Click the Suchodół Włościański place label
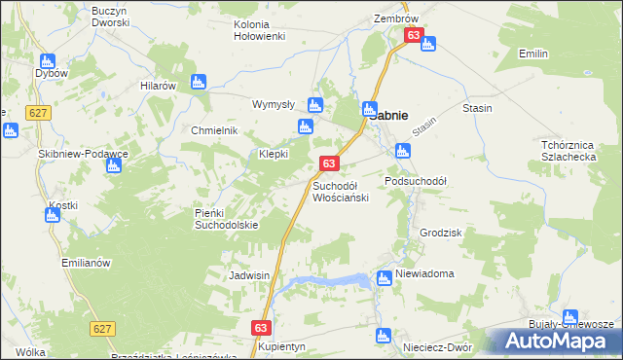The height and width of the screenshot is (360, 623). click(x=340, y=191)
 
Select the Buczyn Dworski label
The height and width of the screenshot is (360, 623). click(x=110, y=16)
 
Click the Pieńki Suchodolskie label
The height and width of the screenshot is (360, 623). click(x=226, y=219)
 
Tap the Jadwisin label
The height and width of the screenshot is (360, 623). click(x=248, y=275)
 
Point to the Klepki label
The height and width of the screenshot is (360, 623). click(x=274, y=155)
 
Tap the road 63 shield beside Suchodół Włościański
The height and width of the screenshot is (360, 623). click(x=329, y=163)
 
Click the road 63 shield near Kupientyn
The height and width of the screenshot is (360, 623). click(x=261, y=329)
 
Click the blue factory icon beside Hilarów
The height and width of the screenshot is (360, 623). click(x=199, y=83)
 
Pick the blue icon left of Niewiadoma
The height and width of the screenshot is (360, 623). click(x=384, y=277)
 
